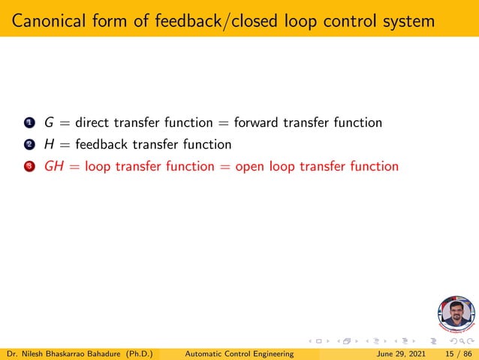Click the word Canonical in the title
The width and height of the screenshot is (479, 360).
47,21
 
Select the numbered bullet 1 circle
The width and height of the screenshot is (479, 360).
29,123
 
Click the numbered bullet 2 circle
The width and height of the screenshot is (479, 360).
29,145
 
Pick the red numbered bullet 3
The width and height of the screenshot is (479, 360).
29,167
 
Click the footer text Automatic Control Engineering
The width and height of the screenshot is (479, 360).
239,352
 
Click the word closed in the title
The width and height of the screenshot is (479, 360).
260,21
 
